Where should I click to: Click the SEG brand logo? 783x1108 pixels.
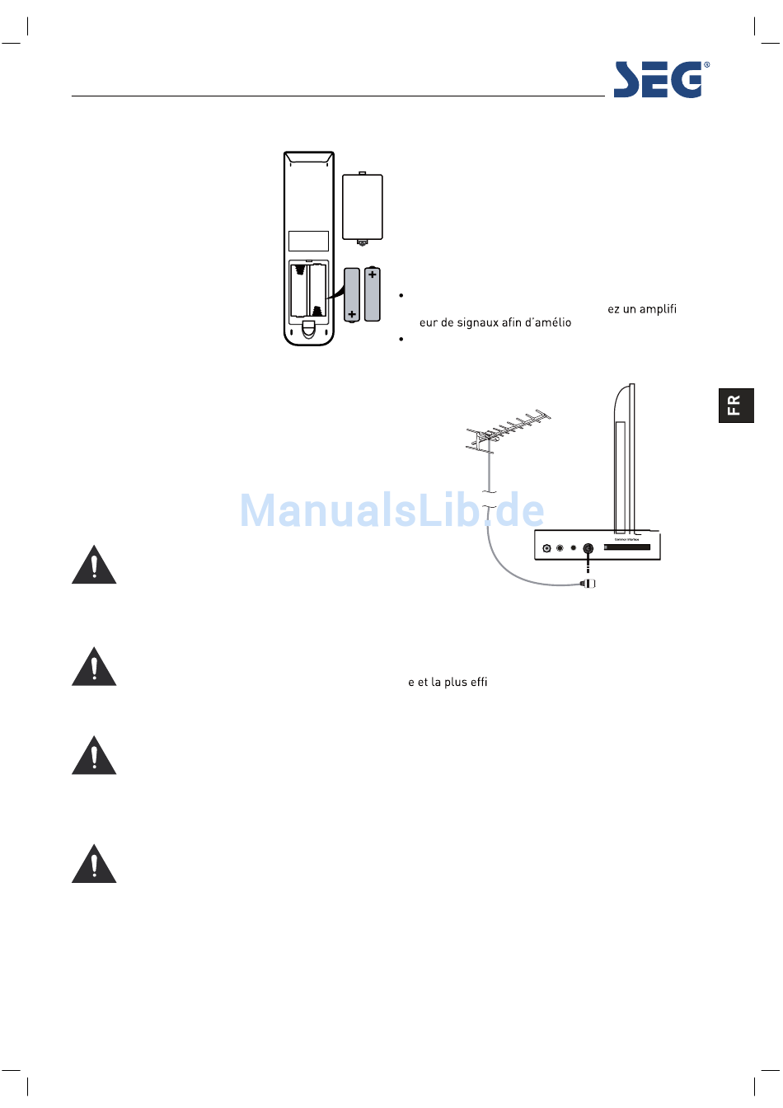pyautogui.click(x=658, y=80)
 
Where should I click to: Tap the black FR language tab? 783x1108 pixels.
pyautogui.click(x=735, y=405)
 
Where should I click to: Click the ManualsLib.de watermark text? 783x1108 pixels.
pyautogui.click(x=391, y=511)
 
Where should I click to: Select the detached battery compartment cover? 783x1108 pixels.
pyautogui.click(x=363, y=208)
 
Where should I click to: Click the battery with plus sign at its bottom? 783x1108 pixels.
pyautogui.click(x=352, y=294)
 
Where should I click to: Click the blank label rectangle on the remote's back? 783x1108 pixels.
pyautogui.click(x=308, y=241)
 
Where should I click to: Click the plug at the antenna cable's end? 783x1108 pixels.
pyautogui.click(x=587, y=584)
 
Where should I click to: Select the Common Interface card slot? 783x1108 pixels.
pyautogui.click(x=628, y=547)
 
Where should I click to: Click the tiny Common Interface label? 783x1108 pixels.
pyautogui.click(x=626, y=540)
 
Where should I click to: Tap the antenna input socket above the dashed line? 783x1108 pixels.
pyautogui.click(x=588, y=548)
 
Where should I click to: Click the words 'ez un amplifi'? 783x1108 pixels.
pyautogui.click(x=642, y=309)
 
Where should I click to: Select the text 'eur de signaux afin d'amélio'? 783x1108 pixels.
pyautogui.click(x=495, y=322)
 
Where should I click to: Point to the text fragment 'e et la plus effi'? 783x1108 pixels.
pyautogui.click(x=448, y=682)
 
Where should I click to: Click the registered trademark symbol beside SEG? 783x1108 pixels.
pyautogui.click(x=706, y=65)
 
